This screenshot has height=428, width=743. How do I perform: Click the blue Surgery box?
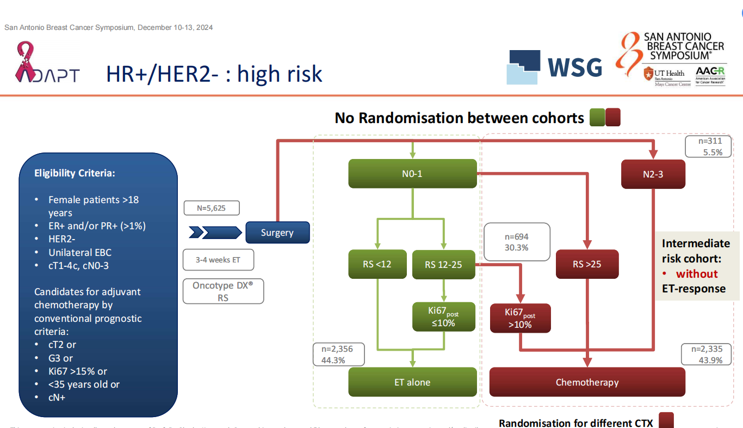(x=277, y=233)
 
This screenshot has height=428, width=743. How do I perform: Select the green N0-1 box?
(x=412, y=174)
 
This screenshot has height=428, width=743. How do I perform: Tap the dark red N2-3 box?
(x=653, y=175)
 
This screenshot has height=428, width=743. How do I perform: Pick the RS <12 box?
(x=377, y=264)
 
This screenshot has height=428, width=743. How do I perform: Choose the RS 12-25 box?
(x=444, y=264)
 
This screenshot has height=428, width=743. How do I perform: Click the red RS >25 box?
(x=587, y=265)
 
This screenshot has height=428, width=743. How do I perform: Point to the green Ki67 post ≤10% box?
(x=444, y=317)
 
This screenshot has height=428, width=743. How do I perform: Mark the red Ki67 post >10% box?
(x=520, y=319)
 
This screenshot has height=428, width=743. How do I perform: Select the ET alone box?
(x=412, y=382)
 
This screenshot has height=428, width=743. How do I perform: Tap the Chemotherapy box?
(x=587, y=382)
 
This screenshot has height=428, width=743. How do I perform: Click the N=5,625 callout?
(x=212, y=208)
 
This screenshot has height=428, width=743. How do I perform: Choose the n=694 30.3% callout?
(x=517, y=242)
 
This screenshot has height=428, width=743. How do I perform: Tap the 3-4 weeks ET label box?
(x=218, y=260)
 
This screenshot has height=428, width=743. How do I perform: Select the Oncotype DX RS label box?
(x=223, y=291)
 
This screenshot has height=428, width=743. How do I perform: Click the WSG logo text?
(x=574, y=67)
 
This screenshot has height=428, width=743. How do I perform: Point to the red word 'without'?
(x=697, y=273)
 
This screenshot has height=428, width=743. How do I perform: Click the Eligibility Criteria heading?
(x=75, y=174)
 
